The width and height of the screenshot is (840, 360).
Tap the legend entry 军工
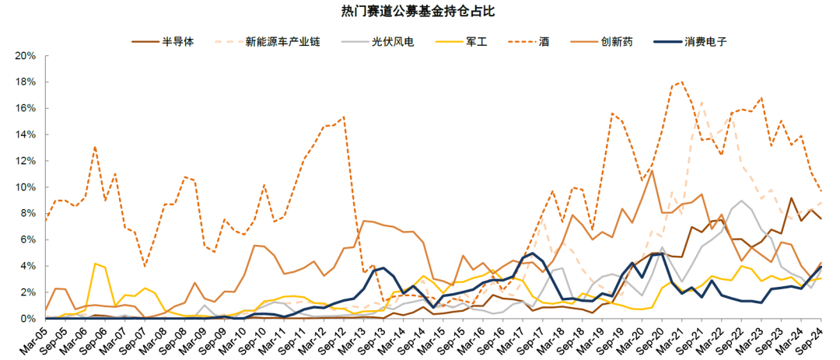(x=476, y=41)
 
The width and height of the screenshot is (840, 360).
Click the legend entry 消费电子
(x=705, y=41)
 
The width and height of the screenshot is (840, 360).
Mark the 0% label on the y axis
(x=29, y=319)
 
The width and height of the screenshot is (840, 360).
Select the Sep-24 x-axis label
(x=813, y=340)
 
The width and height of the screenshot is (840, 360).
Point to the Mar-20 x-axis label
(x=634, y=340)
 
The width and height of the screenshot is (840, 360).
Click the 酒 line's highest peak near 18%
(x=682, y=82)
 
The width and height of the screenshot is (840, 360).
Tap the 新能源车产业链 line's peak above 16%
(x=702, y=102)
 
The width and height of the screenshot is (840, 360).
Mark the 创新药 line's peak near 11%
(x=651, y=171)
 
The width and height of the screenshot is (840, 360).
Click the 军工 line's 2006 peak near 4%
(x=95, y=264)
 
